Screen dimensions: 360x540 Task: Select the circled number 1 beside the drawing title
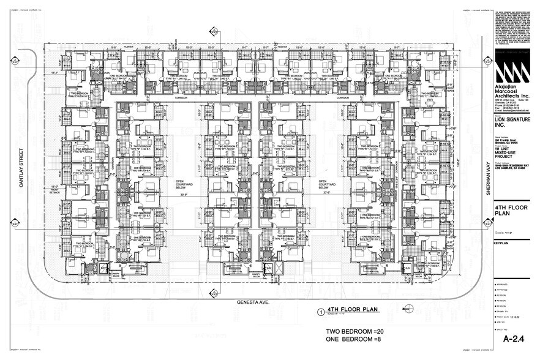coord(320,311)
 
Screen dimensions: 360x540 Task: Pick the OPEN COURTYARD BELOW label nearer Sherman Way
coord(326,185)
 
